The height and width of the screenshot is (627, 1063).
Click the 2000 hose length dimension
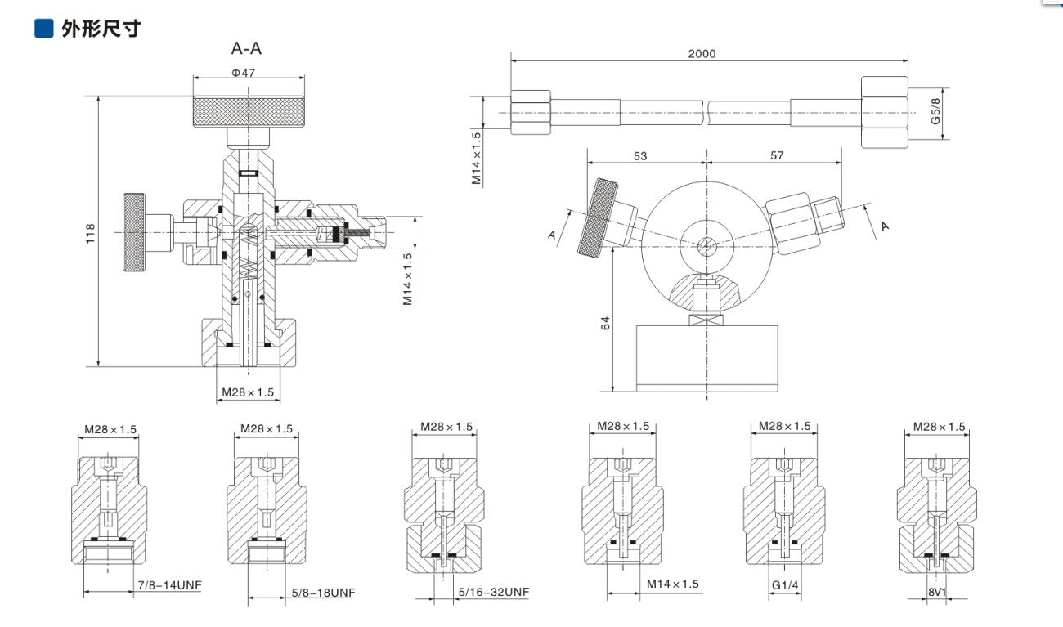(x=702, y=54)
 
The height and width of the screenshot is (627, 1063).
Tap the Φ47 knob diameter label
(x=243, y=73)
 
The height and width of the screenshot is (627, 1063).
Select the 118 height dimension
(x=91, y=232)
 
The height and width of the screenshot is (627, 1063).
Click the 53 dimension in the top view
(x=640, y=155)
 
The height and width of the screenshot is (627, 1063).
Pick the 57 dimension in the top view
(x=776, y=155)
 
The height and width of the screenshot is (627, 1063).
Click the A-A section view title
(x=246, y=49)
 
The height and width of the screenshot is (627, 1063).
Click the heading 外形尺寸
(x=101, y=29)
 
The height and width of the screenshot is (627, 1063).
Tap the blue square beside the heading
(x=43, y=29)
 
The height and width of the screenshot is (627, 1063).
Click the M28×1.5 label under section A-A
(x=247, y=392)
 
